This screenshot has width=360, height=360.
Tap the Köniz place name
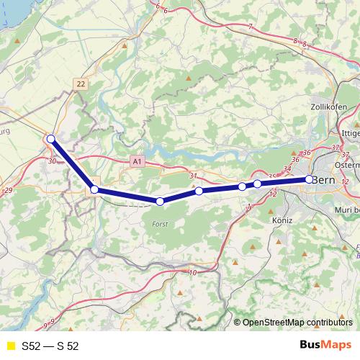pyautogui.click(x=282, y=220)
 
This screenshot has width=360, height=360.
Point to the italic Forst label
pyautogui.click(x=161, y=224)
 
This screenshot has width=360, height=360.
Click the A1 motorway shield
pyautogui.click(x=137, y=163)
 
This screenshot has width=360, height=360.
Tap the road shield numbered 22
pyautogui.click(x=81, y=84)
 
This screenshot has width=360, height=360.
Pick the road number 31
pyautogui.click(x=192, y=176)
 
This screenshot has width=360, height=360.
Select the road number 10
pyautogui.click(x=192, y=272)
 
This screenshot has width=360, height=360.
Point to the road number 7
pyautogui.click(x=250, y=27)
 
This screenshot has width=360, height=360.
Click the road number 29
pyautogui.click(x=8, y=189)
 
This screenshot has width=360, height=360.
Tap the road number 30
pyautogui.click(x=53, y=161)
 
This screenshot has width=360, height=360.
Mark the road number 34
pyautogui.click(x=287, y=169)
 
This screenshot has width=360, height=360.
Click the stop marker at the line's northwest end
pyautogui.click(x=50, y=139)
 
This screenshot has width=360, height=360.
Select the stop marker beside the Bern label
pyautogui.click(x=309, y=179)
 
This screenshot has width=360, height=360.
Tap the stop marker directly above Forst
pyautogui.click(x=160, y=202)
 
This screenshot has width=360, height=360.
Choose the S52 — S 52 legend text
pyautogui.click(x=50, y=346)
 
